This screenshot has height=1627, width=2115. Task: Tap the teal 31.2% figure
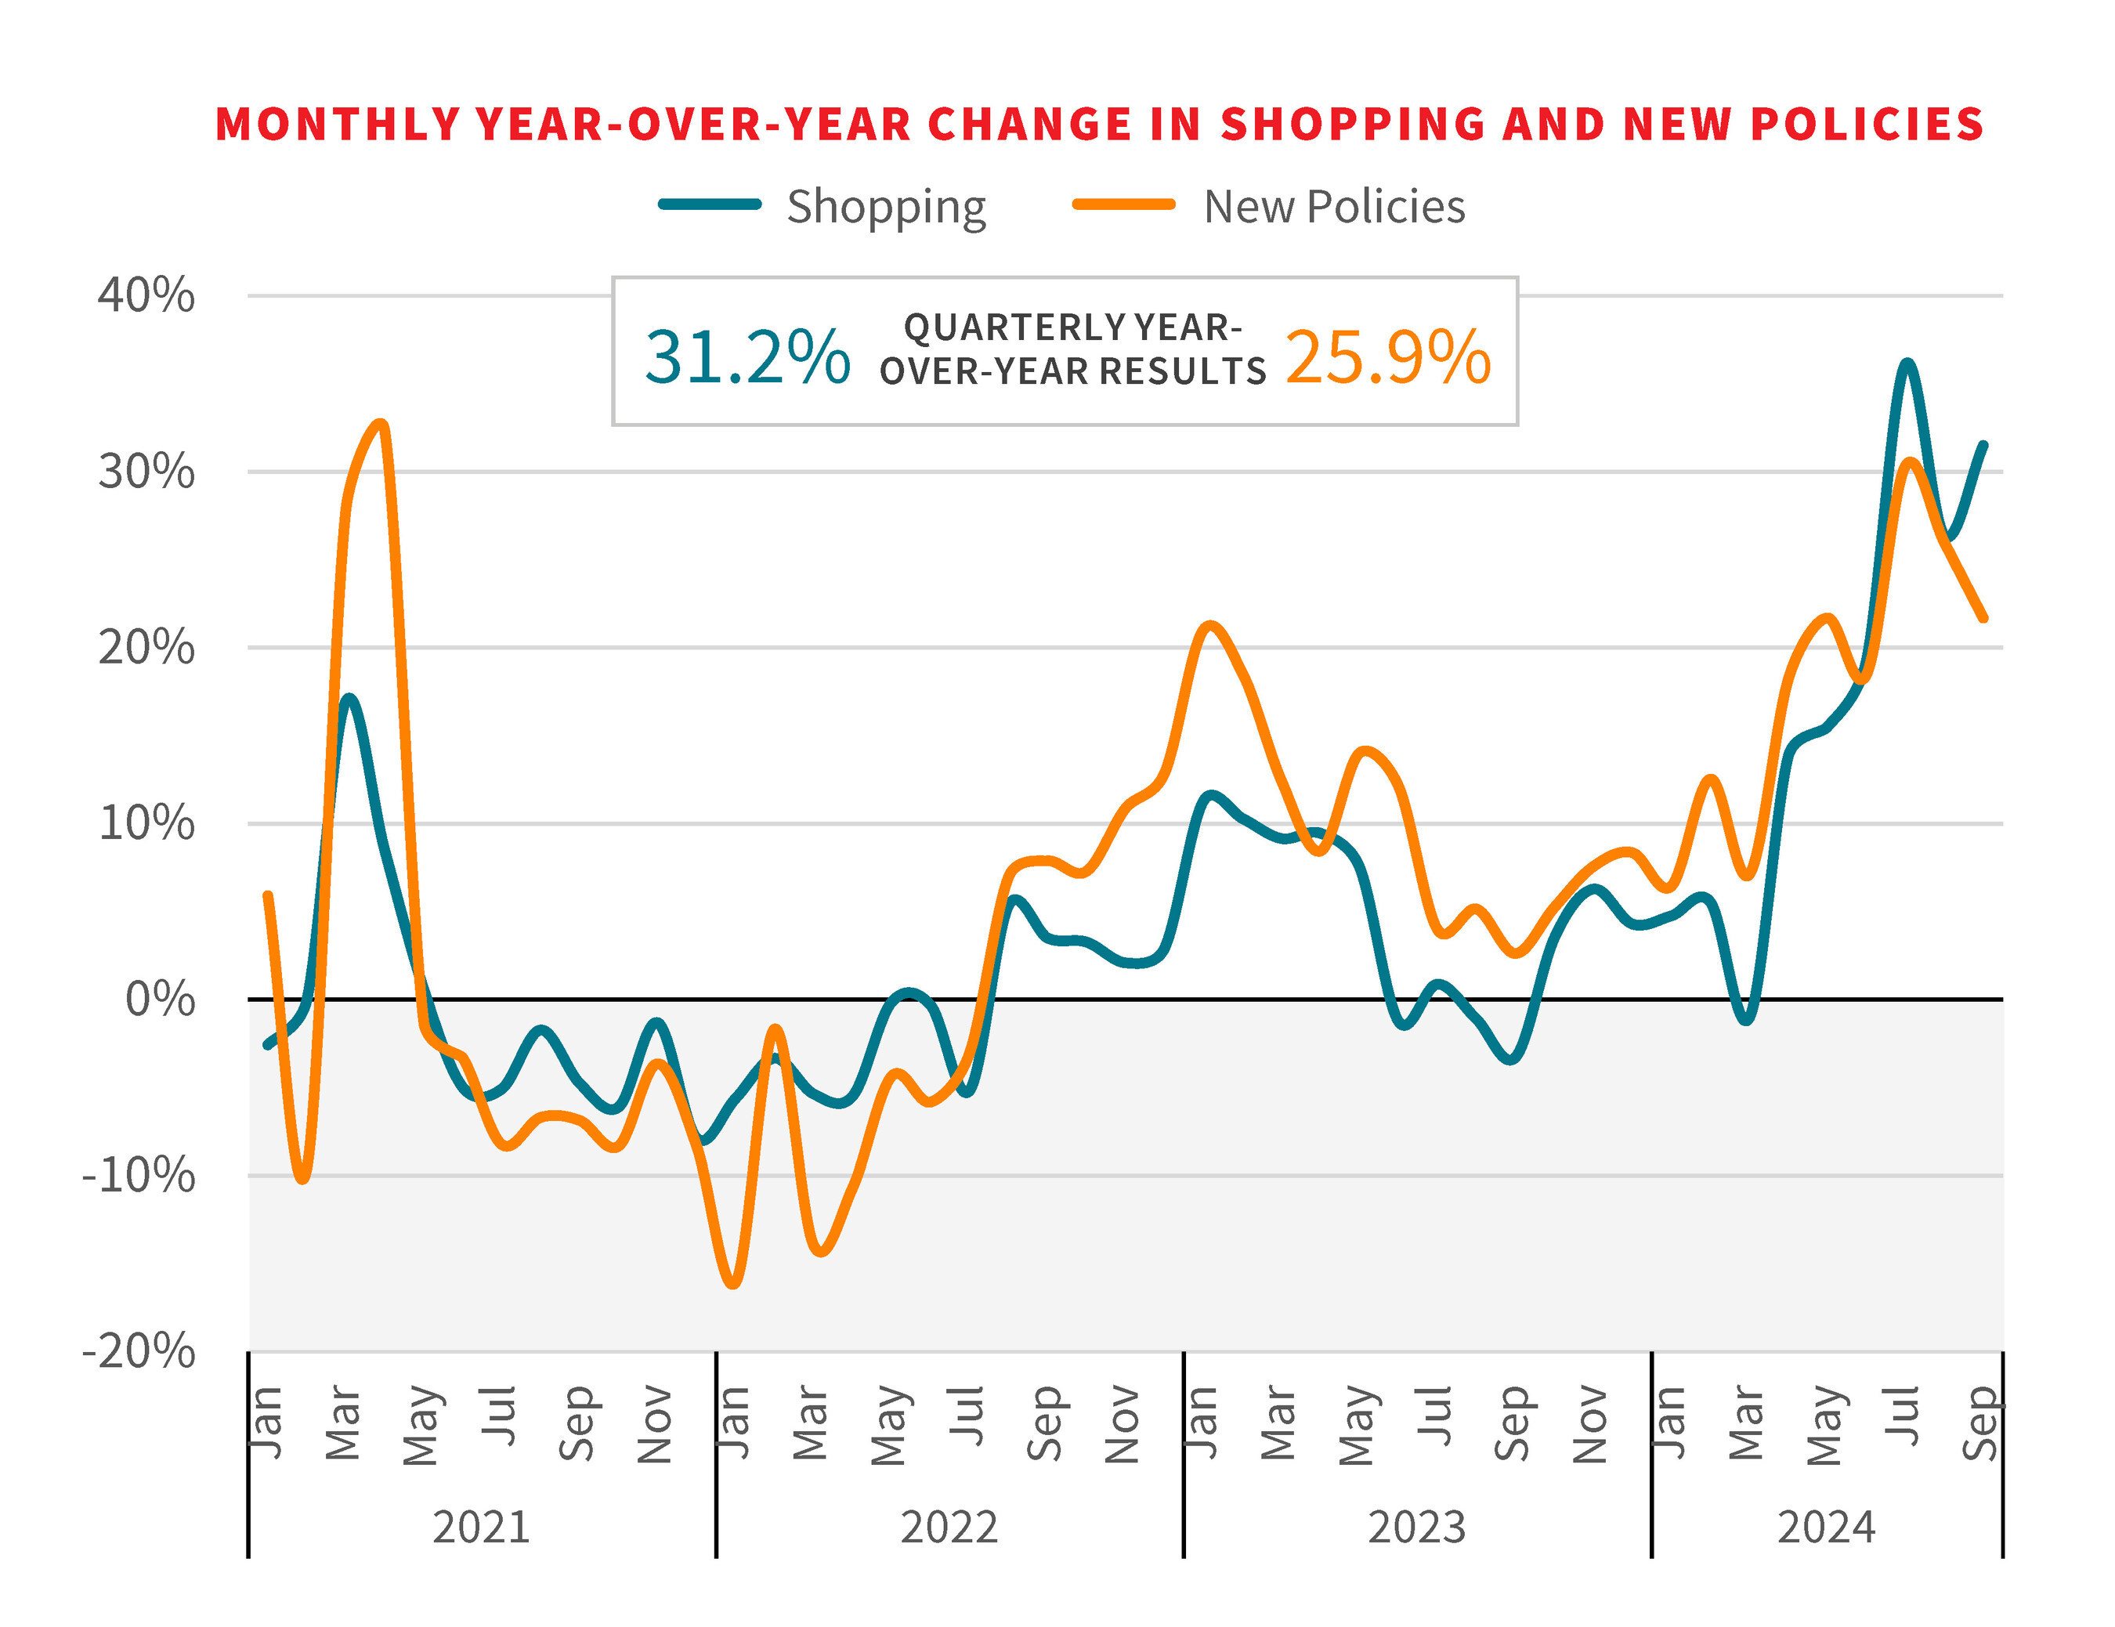pos(747,357)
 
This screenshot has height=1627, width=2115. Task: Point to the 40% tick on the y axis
pos(146,295)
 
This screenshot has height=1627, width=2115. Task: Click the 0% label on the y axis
pos(160,999)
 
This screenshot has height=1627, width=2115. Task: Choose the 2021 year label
pos(481,1528)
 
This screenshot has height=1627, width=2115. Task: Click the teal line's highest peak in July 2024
pos(1907,363)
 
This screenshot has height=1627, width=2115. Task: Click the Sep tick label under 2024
pos(1979,1423)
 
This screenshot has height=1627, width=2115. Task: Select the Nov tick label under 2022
pos(1123,1423)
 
